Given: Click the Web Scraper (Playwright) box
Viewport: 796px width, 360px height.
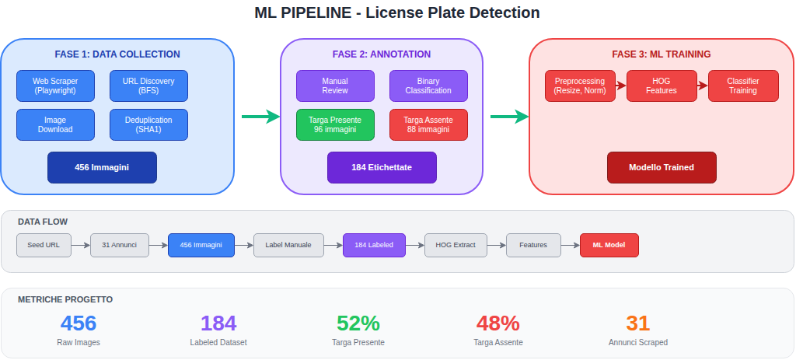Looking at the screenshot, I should point(55,86).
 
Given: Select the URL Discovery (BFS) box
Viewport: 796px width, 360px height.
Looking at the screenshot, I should point(148,86).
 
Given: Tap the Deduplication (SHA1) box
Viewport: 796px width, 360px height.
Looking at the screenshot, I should point(148,124).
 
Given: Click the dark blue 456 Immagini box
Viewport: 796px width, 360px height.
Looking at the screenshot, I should point(102,167).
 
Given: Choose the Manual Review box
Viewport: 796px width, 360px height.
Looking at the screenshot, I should point(335,86).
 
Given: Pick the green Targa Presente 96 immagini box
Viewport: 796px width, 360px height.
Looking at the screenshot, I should point(335,124).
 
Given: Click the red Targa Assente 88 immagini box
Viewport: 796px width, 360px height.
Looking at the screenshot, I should point(428,124).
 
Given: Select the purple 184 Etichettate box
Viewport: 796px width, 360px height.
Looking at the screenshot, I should point(382,167).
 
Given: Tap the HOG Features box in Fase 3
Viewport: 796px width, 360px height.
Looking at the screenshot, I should point(662,86).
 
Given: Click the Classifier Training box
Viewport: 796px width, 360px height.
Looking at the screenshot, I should point(743,86).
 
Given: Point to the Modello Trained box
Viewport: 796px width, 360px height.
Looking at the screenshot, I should point(662,167).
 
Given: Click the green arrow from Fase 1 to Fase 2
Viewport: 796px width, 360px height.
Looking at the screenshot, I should point(260,117).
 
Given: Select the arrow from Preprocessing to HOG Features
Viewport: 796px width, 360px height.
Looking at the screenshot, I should point(620,86).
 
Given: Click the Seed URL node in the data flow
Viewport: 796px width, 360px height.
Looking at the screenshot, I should point(44,245).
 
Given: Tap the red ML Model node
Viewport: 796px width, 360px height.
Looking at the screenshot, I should point(609,245).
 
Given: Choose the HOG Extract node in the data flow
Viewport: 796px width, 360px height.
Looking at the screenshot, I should point(455,245).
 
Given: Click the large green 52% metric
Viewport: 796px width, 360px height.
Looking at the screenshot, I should point(358,323).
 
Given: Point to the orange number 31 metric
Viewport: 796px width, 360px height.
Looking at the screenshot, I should point(637,323).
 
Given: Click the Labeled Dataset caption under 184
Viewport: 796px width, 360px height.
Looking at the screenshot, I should point(218,342).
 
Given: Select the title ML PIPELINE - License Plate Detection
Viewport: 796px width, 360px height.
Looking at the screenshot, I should point(397,13).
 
